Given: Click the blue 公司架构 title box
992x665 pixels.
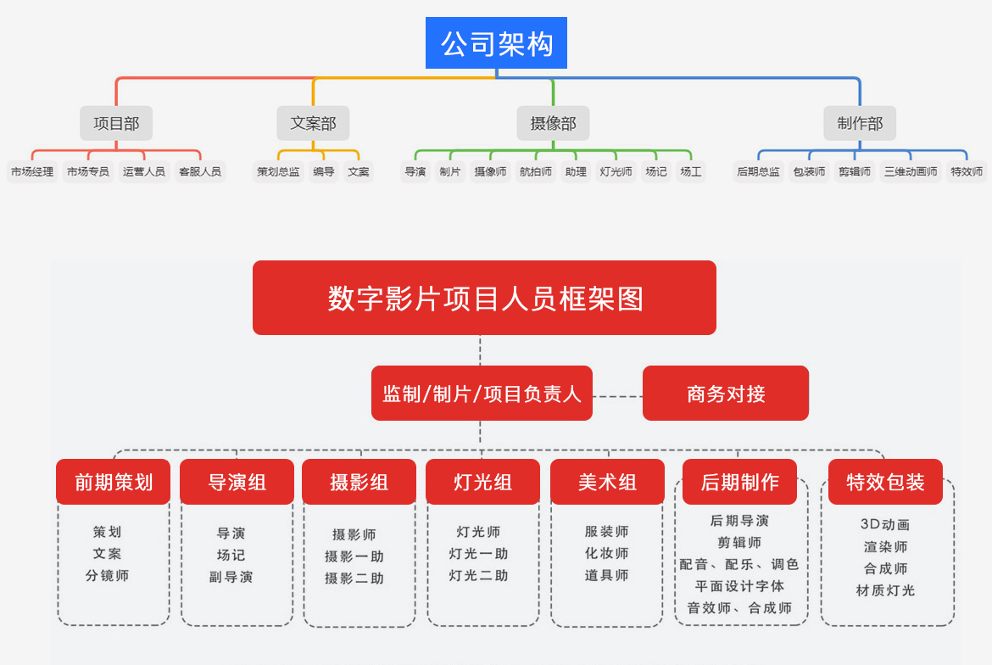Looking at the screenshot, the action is pos(496,43).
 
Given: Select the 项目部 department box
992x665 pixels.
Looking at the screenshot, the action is pos(116,123).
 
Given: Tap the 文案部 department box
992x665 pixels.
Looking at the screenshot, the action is pos(313,123).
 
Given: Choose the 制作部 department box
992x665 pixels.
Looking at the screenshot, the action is pos(860,123).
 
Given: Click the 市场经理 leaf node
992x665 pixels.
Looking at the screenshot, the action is pos(32,171).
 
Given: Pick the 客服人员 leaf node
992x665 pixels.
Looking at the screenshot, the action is pos(200,171).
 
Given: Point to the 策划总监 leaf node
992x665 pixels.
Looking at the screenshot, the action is pos(278,171).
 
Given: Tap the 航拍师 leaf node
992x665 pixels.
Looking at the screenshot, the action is pos(535,171).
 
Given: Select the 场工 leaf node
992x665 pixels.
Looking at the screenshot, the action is pos(691,171).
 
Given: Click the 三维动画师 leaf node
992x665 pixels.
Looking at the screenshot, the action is pos(911,171).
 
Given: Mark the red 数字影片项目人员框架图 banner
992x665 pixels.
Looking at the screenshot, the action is pos(485,298).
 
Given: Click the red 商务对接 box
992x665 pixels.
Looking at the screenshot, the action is pos(726,394).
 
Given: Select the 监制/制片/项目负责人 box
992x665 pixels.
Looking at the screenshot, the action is pos(482,394).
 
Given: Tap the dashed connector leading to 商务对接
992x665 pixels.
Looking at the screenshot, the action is pos(617,397).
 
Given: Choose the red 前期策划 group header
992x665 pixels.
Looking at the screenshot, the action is pos(114,482).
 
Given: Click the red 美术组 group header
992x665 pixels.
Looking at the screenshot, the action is pos(607,482).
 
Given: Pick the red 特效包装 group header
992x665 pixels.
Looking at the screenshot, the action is pos(886,482).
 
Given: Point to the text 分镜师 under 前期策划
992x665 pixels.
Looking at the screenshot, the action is pos(108,576).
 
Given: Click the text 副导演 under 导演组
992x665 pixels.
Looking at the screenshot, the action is pos(231,577).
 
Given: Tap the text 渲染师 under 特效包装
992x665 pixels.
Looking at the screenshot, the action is pos(886,547).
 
